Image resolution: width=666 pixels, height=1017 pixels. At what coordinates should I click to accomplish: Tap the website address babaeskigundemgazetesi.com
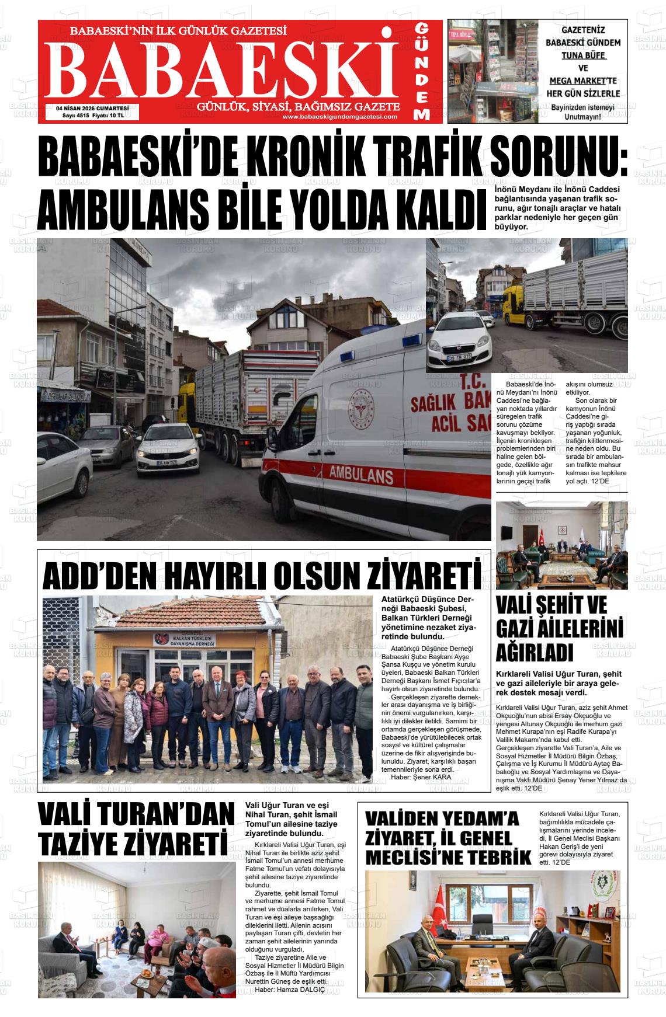click(339, 117)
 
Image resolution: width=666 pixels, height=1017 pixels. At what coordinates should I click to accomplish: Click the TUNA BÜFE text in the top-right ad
click(583, 55)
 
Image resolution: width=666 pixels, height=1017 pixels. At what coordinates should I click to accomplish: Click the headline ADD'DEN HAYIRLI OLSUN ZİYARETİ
click(262, 575)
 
